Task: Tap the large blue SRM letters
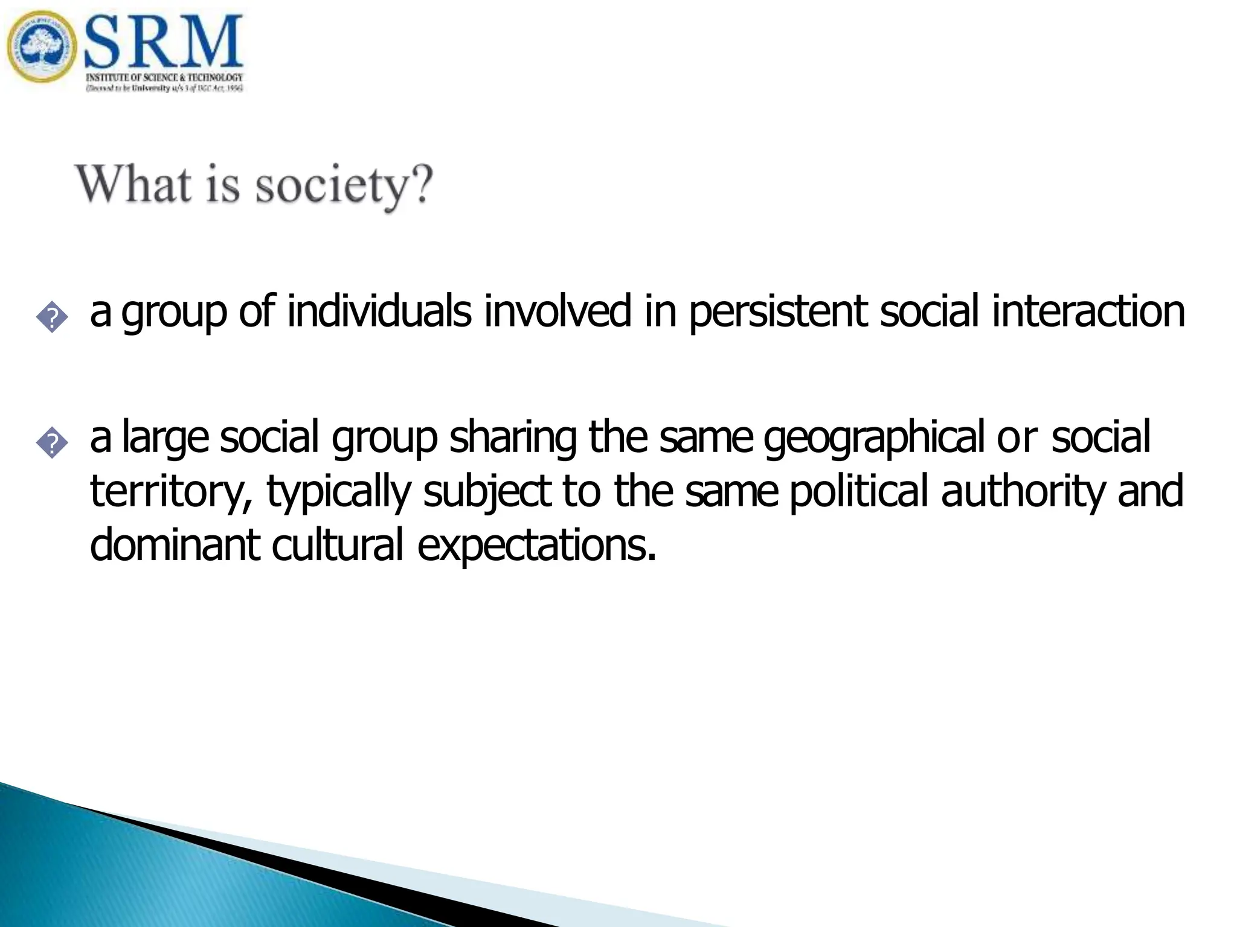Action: (163, 42)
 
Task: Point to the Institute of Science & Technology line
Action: (164, 77)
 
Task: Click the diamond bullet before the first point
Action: (53, 317)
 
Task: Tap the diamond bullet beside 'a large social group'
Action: (53, 444)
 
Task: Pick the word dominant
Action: (175, 544)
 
